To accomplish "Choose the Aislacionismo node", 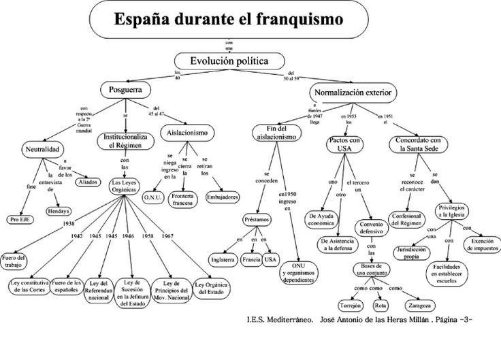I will (x=187, y=132).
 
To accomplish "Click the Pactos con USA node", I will (x=345, y=146).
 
